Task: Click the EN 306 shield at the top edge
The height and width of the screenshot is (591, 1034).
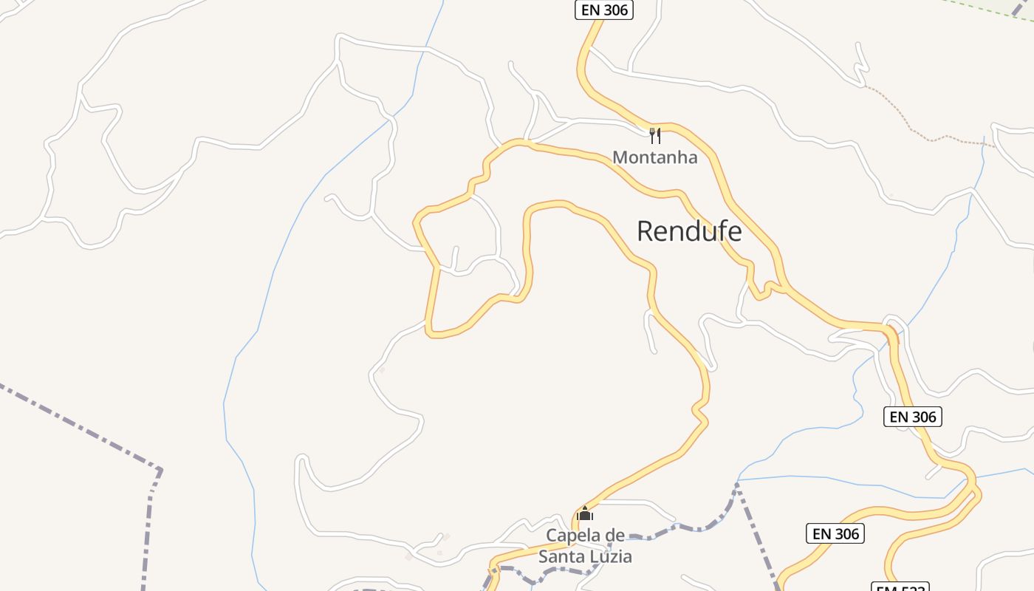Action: point(604,10)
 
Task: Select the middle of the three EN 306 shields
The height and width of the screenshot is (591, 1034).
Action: point(912,417)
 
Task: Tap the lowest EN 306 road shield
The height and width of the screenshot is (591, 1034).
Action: point(835,533)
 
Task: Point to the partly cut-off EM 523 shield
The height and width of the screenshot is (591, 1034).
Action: point(900,587)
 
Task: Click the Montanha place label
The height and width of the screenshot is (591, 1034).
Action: point(654,157)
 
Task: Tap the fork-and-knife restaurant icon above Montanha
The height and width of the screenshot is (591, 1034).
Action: point(654,135)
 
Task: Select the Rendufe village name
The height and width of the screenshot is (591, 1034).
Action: point(689,231)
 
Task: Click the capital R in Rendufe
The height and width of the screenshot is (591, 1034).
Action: point(645,231)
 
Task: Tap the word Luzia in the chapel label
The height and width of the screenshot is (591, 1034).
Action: point(612,556)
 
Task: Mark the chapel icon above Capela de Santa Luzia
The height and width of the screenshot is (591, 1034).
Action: point(585,513)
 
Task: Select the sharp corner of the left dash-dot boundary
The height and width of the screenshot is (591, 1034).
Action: point(160,470)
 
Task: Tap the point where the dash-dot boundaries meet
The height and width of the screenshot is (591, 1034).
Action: point(737,485)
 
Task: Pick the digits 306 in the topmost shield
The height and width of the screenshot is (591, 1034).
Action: point(614,10)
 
